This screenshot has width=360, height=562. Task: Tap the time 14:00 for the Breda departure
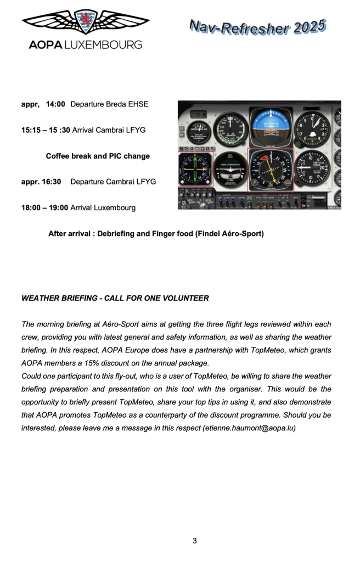point(55,104)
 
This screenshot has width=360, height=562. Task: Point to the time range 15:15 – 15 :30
point(46,130)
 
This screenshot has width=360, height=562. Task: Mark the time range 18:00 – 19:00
point(44,207)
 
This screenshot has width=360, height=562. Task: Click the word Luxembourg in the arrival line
point(115,207)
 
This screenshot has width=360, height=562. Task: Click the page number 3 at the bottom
point(195,541)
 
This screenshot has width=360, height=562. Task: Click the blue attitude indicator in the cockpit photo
point(270,124)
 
